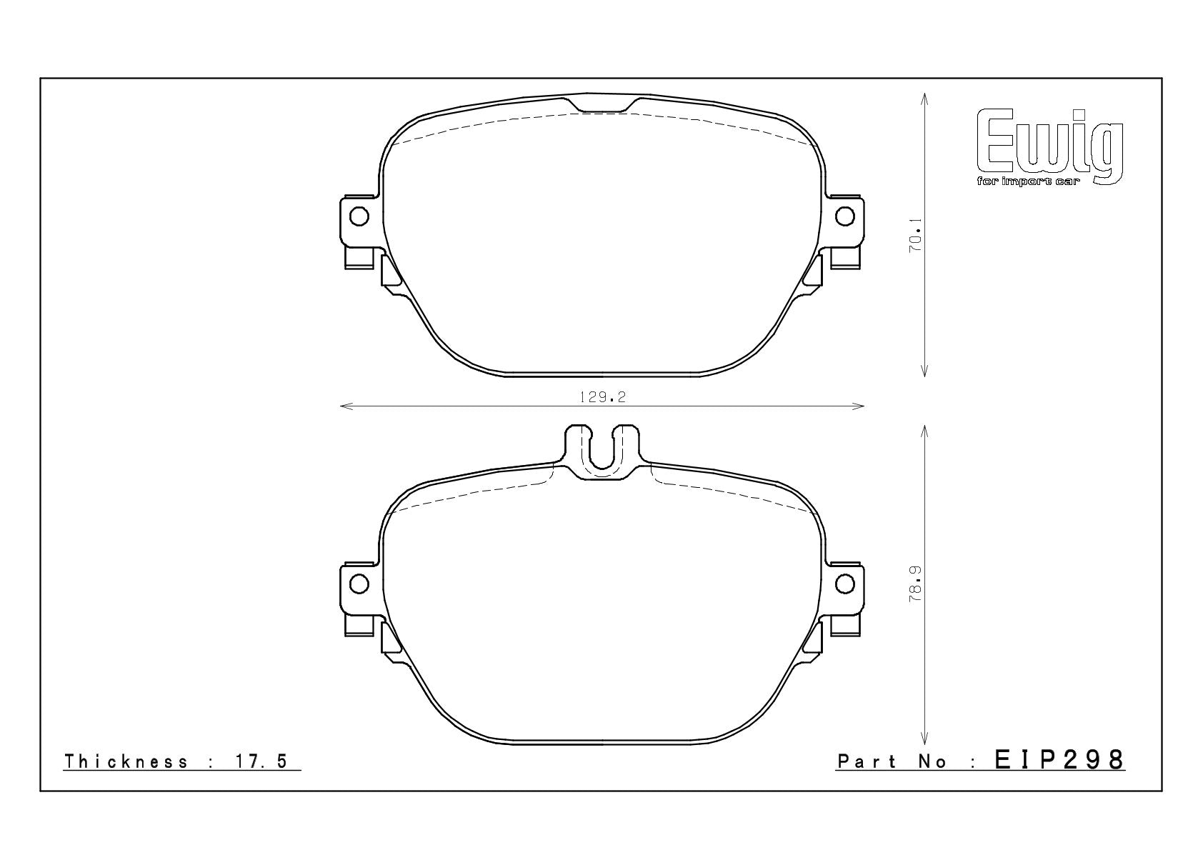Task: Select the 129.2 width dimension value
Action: pyautogui.click(x=603, y=397)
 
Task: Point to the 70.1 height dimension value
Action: pyautogui.click(x=915, y=235)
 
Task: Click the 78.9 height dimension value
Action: pyautogui.click(x=915, y=583)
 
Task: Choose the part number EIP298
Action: pyautogui.click(x=1059, y=760)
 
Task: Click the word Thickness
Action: pyautogui.click(x=126, y=761)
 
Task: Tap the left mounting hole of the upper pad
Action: pyautogui.click(x=359, y=216)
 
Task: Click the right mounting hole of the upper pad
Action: pyautogui.click(x=845, y=216)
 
